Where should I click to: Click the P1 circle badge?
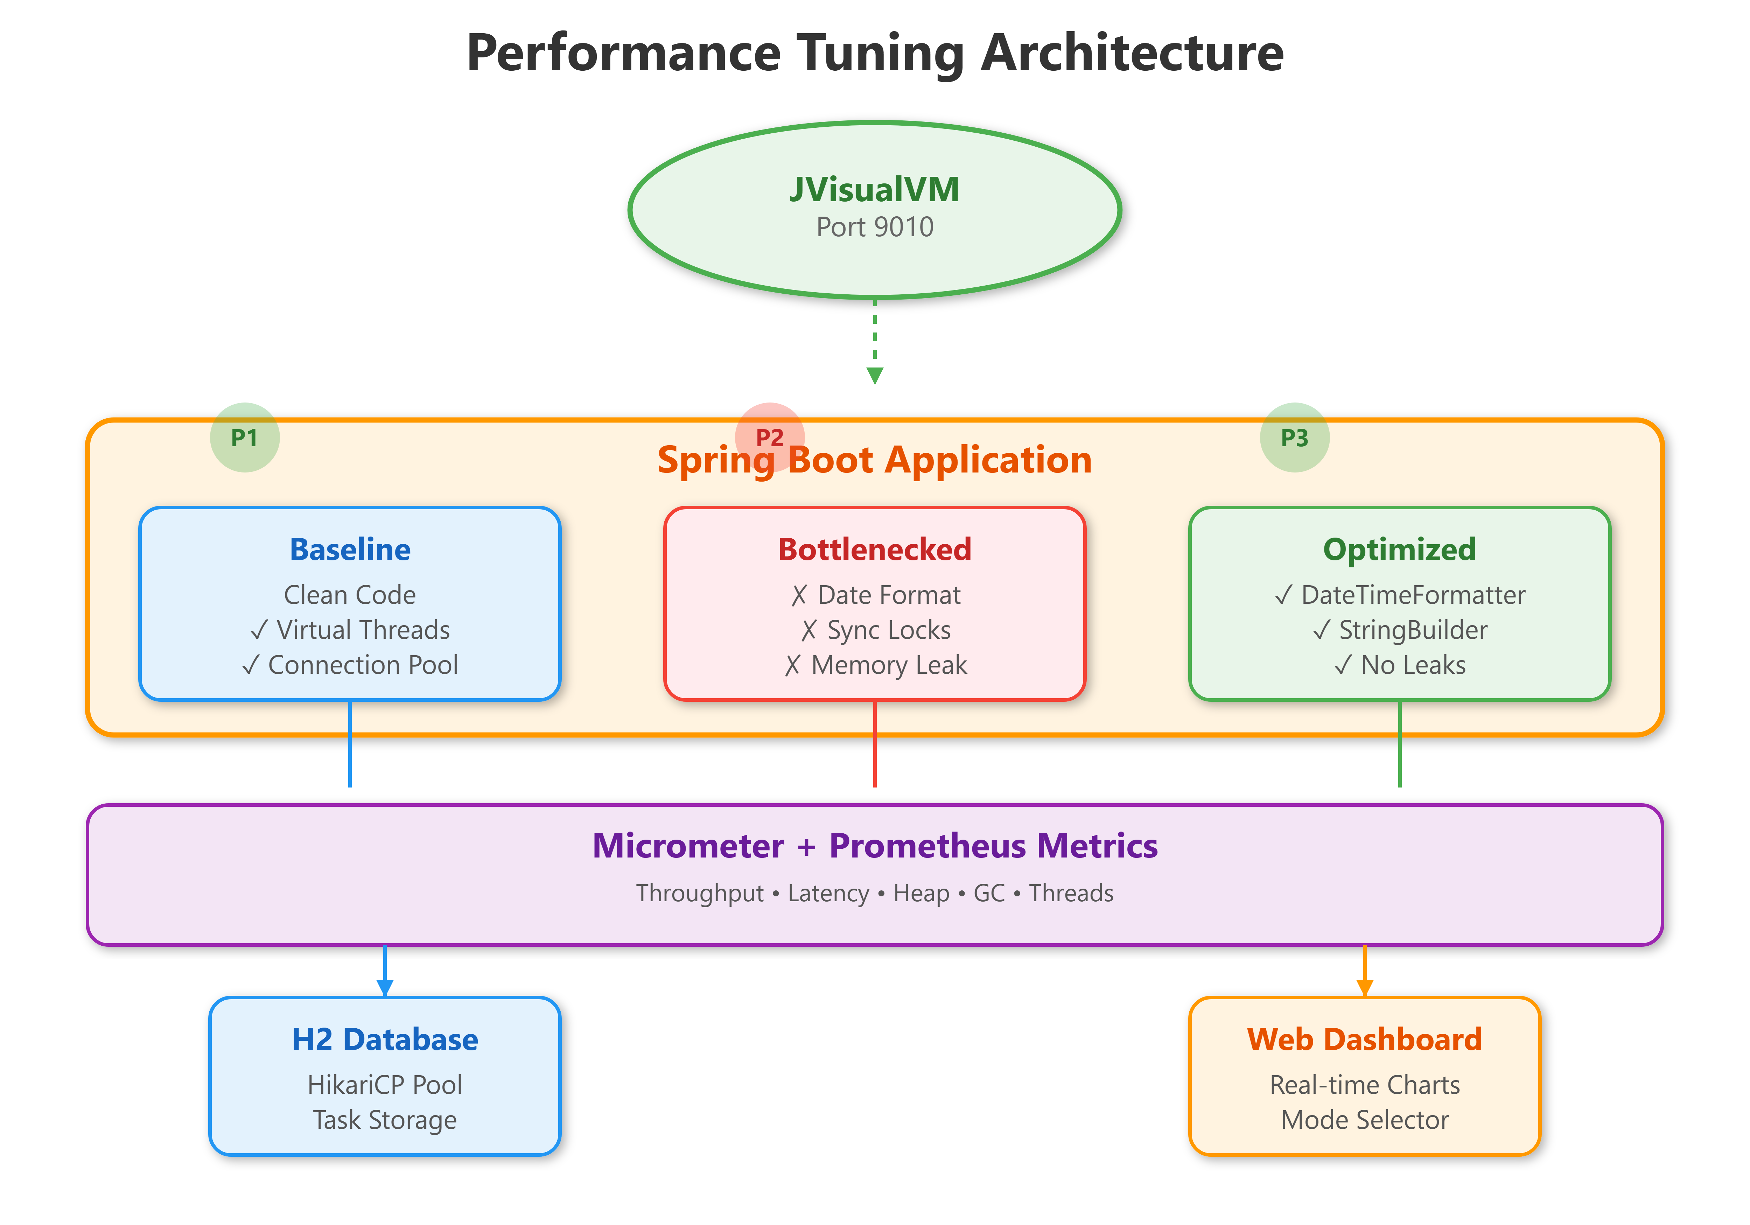[245, 437]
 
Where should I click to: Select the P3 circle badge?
[1294, 437]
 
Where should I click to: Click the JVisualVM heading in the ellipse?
[874, 189]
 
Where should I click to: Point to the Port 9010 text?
[874, 227]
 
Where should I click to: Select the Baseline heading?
[350, 549]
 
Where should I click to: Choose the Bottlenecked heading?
[874, 549]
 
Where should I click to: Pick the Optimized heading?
[1399, 549]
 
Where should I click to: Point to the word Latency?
[828, 894]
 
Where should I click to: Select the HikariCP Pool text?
[385, 1085]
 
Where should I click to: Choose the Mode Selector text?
[1364, 1120]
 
